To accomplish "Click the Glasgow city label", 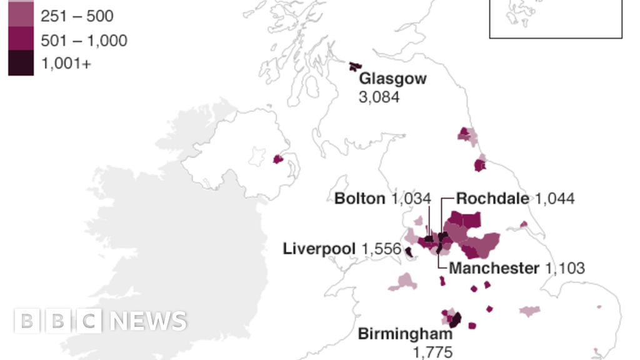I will (x=392, y=79).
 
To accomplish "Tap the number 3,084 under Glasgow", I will (x=379, y=97).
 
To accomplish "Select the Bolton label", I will (x=359, y=199).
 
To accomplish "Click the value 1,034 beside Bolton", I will (x=411, y=199).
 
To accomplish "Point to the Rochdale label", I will (x=492, y=199).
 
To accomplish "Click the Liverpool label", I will (x=319, y=249).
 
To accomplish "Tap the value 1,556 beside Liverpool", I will (x=381, y=249).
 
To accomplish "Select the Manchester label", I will (x=494, y=268).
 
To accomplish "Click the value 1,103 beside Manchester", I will (x=565, y=268).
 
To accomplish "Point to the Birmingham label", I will (x=406, y=334).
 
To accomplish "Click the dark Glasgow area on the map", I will (x=355, y=66).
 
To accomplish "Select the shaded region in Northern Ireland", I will (x=279, y=159).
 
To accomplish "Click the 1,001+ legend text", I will (x=66, y=63).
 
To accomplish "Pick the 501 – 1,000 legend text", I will (x=84, y=41).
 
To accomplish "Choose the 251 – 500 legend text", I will (x=77, y=17).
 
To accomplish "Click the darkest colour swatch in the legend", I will (x=21, y=63).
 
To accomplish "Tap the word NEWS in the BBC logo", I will (x=147, y=321).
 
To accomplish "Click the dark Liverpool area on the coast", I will (x=408, y=252).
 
